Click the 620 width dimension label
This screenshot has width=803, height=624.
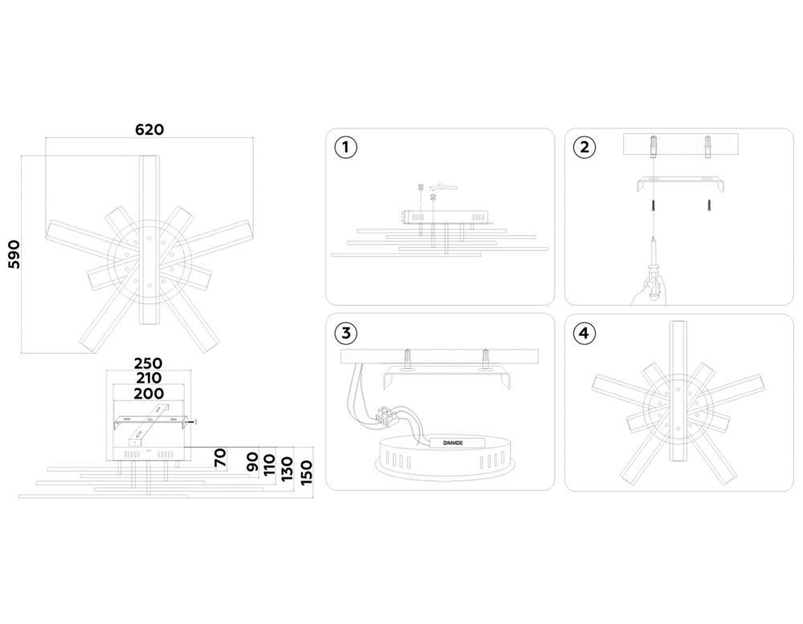[x=149, y=129]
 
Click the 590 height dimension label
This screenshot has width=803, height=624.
[x=14, y=253]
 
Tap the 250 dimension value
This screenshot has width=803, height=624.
[x=148, y=363]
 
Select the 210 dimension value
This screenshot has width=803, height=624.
[x=148, y=378]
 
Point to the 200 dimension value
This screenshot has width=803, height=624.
[x=149, y=393]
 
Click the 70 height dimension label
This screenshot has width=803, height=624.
[x=220, y=457]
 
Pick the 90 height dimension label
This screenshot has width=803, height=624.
[x=252, y=461]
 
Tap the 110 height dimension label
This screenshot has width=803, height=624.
[x=270, y=464]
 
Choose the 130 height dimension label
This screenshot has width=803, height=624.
[x=287, y=468]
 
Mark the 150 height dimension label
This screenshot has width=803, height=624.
[x=305, y=473]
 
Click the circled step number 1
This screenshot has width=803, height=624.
[x=345, y=148]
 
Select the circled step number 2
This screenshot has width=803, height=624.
[x=585, y=148]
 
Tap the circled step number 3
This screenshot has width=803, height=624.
[x=345, y=333]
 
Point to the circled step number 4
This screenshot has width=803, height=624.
[x=585, y=334]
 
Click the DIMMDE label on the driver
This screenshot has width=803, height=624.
[x=453, y=443]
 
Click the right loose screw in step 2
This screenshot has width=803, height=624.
[x=709, y=205]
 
